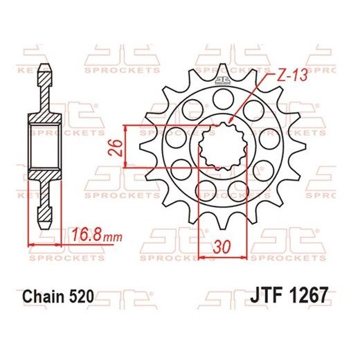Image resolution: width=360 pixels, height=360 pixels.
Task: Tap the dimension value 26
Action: point(116,146)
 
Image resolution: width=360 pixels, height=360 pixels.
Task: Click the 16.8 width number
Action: point(88,236)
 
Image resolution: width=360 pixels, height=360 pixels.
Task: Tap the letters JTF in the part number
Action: point(262,296)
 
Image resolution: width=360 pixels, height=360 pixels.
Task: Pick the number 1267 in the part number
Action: point(303,296)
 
